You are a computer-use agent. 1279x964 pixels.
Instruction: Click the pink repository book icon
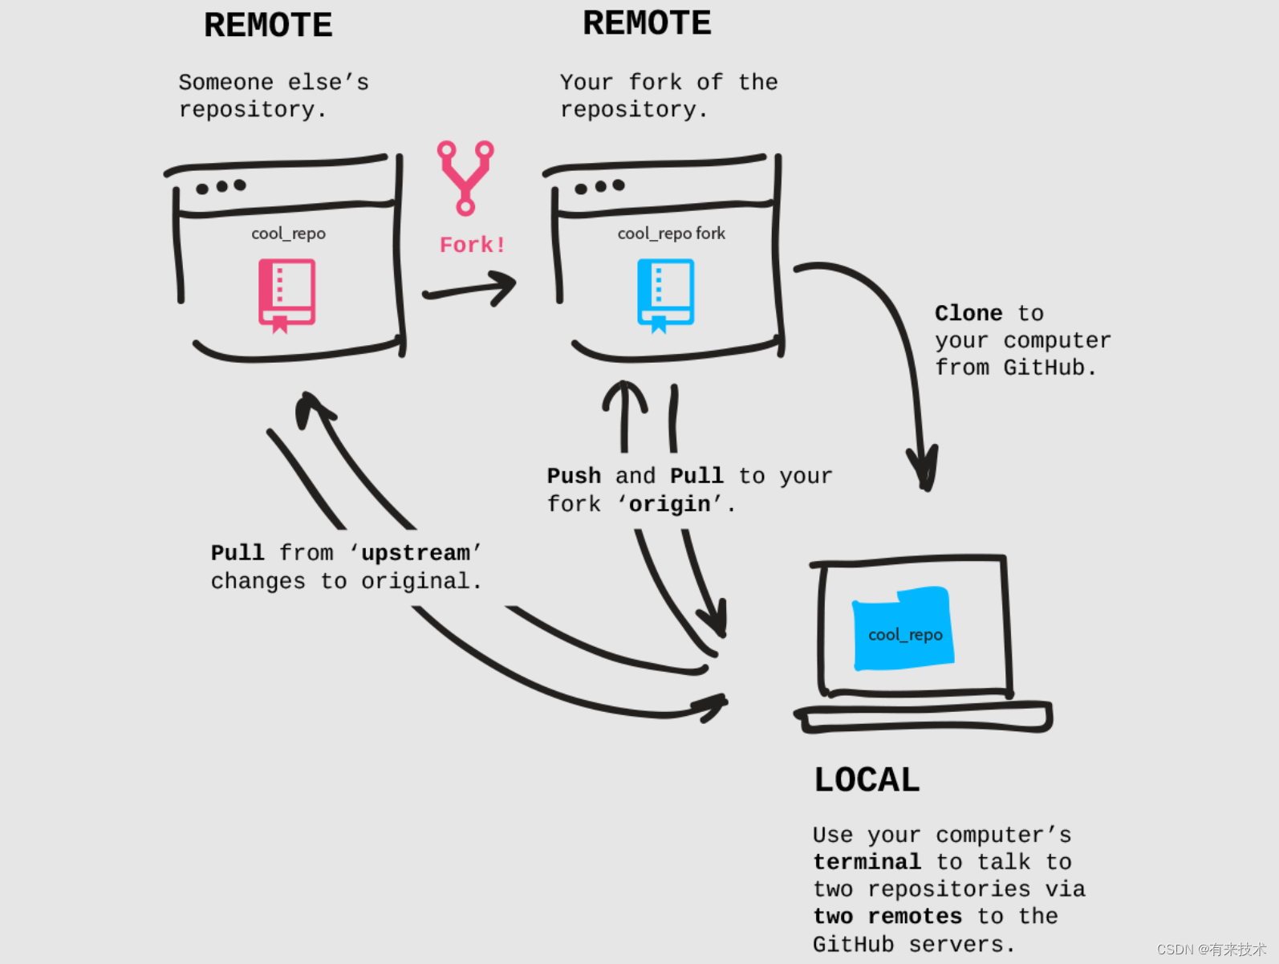pyautogui.click(x=286, y=294)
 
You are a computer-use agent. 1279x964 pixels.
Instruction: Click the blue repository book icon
pyautogui.click(x=665, y=294)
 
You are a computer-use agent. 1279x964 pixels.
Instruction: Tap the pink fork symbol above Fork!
pyautogui.click(x=465, y=177)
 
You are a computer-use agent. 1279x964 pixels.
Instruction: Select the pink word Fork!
pyautogui.click(x=472, y=245)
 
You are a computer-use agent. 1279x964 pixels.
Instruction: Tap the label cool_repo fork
pyautogui.click(x=671, y=234)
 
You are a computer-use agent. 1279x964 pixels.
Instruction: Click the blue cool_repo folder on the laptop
pyautogui.click(x=903, y=629)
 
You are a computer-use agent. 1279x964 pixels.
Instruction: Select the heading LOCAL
pyautogui.click(x=867, y=780)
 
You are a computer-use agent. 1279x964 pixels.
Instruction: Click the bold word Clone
pyautogui.click(x=968, y=313)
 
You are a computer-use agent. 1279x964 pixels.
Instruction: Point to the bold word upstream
pyautogui.click(x=415, y=553)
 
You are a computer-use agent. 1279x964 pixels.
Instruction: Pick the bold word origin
pyautogui.click(x=669, y=504)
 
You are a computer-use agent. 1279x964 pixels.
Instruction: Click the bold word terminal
pyautogui.click(x=867, y=862)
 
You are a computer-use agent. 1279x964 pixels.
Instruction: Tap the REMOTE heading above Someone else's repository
pyautogui.click(x=268, y=26)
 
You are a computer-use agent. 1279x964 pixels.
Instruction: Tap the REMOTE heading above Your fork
pyautogui.click(x=647, y=23)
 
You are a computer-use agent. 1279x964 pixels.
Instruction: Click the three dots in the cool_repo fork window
pyautogui.click(x=599, y=187)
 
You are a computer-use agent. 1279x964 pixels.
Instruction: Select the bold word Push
pyautogui.click(x=574, y=476)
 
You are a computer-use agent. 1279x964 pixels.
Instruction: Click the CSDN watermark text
pyautogui.click(x=1211, y=950)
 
